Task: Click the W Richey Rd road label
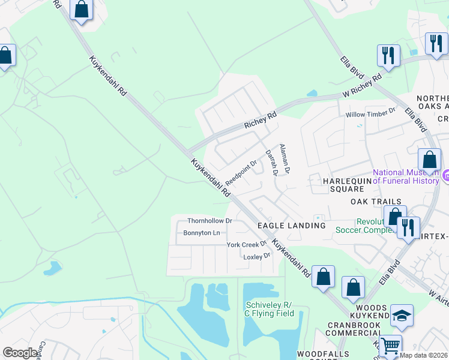(362, 87)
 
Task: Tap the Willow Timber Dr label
(370, 112)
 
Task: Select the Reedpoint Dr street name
(241, 172)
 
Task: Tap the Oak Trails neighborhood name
(376, 202)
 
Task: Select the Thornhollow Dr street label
(209, 221)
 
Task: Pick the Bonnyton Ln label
(202, 233)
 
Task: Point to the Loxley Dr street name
(257, 256)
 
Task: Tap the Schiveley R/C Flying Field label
(268, 309)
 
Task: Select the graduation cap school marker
(402, 316)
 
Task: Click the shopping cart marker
(391, 345)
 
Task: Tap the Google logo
(20, 353)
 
